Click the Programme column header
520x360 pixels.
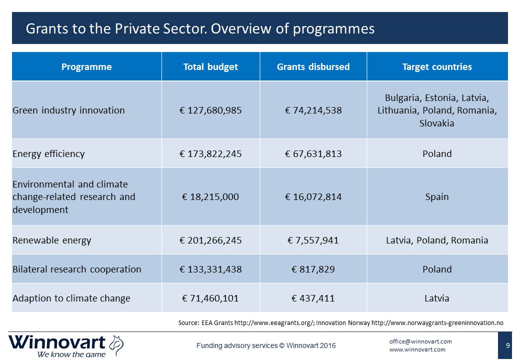(86, 67)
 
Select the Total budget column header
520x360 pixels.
(210, 67)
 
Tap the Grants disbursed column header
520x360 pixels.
(313, 67)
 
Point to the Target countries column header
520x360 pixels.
(437, 67)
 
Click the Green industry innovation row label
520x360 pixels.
(68, 110)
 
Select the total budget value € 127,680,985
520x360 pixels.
(210, 110)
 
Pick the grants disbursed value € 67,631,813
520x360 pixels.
(313, 154)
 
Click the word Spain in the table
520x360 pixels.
(437, 197)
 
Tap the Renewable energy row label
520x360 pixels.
(51, 240)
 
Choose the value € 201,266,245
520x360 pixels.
(210, 240)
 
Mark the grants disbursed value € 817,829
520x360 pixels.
(313, 269)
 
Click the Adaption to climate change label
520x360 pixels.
(71, 298)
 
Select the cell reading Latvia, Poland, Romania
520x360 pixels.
(437, 240)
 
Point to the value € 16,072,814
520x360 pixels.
(313, 197)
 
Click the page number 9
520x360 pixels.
(507, 345)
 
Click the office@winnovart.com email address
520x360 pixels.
(420, 341)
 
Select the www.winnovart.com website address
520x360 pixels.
(417, 349)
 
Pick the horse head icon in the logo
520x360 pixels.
(116, 345)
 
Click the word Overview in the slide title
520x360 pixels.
(242, 28)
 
